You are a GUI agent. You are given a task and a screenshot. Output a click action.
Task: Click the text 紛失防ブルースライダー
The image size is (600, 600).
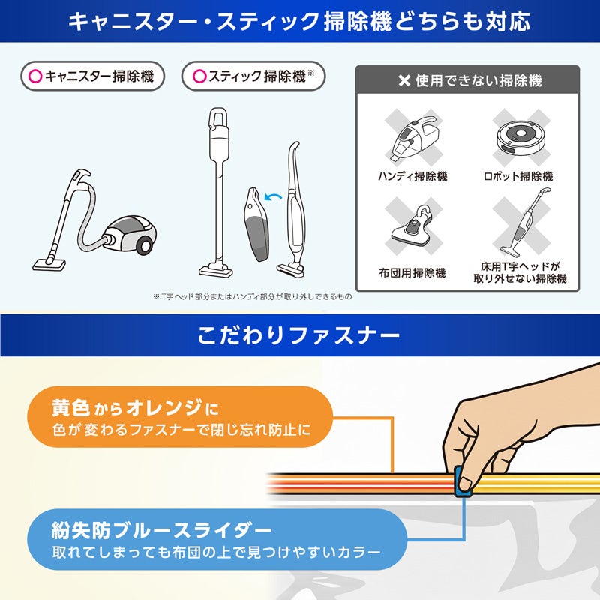pos(158,531)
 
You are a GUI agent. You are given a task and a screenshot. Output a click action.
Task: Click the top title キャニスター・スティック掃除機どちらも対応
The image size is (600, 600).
pos(298,21)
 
